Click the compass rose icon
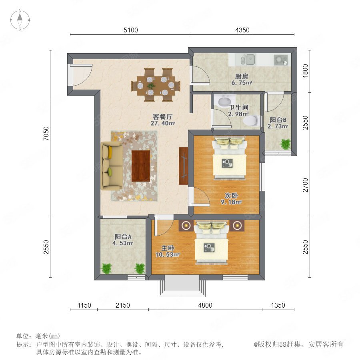[x=20, y=20]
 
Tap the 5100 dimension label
[x=131, y=30]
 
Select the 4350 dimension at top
[x=242, y=30]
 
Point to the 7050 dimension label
[x=46, y=133]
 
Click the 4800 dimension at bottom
[x=205, y=305]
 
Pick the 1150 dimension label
[x=84, y=305]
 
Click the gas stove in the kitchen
[x=280, y=60]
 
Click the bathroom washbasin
[x=224, y=101]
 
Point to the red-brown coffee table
[x=141, y=166]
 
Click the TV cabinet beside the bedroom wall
[x=184, y=166]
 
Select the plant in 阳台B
[x=285, y=144]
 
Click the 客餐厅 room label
[x=162, y=117]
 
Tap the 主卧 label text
[x=168, y=248]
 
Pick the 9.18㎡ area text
[x=231, y=202]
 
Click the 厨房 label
[x=242, y=76]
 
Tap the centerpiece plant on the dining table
[x=151, y=86]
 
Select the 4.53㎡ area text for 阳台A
[x=123, y=243]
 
